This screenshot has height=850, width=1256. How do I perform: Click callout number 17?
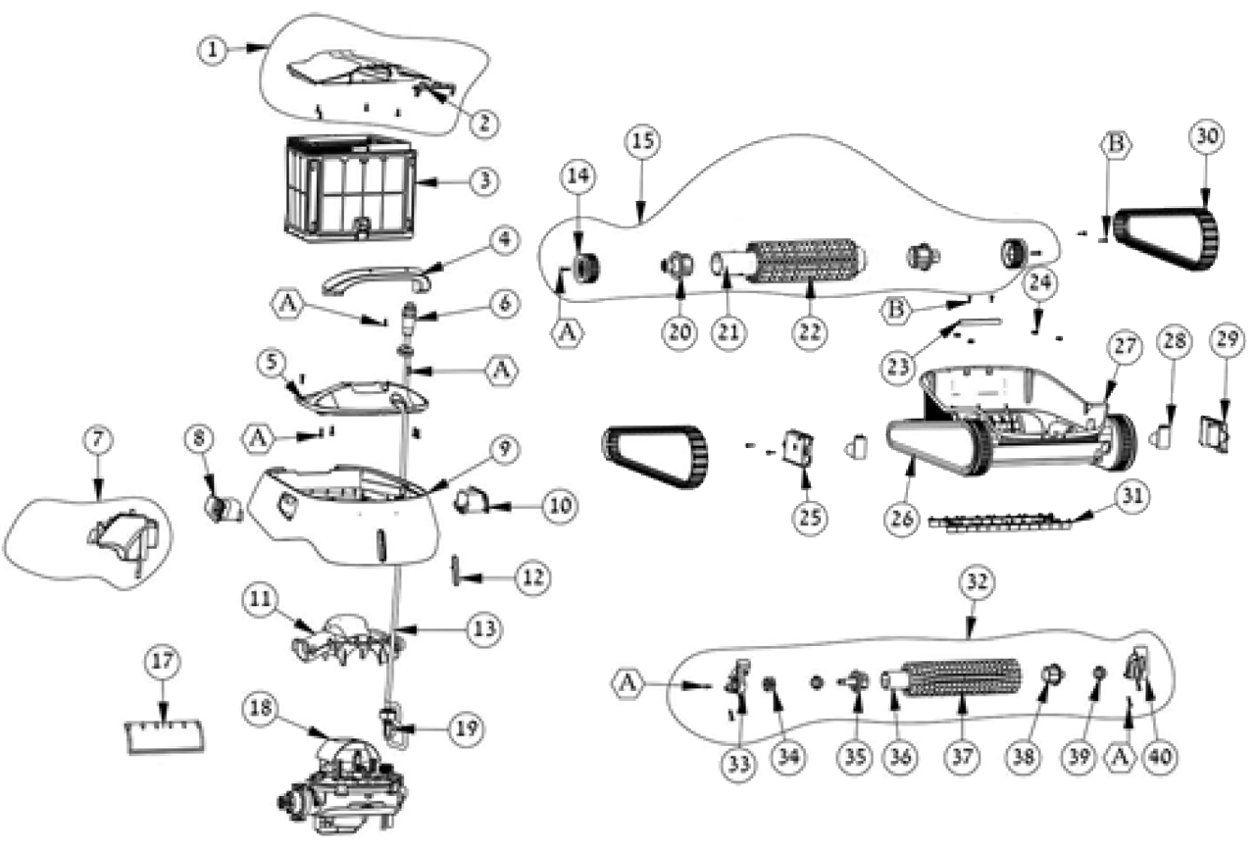pos(163,664)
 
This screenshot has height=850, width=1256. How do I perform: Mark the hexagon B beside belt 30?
pos(1115,143)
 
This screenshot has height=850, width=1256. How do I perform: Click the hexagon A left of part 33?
pos(631,679)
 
